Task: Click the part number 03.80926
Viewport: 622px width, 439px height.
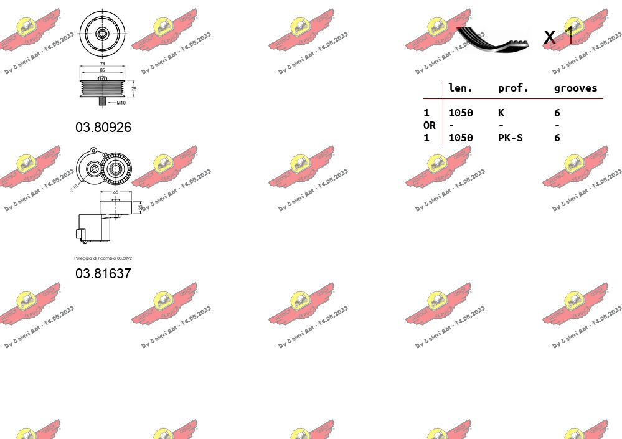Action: (103, 127)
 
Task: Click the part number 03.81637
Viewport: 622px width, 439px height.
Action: (103, 273)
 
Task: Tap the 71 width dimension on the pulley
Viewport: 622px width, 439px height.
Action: (102, 64)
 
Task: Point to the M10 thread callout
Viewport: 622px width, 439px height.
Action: (121, 102)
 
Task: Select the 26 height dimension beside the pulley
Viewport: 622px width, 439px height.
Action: (134, 88)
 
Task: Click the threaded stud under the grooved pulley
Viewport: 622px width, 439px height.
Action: (103, 101)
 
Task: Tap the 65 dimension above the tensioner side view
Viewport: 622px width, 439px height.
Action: (115, 192)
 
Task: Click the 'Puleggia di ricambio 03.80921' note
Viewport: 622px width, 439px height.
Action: (104, 258)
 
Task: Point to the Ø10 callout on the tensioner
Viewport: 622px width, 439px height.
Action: (73, 187)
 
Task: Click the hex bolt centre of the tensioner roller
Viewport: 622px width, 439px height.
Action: (114, 168)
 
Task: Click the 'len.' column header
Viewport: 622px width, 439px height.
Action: (461, 88)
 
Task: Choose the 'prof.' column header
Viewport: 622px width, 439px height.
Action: (513, 88)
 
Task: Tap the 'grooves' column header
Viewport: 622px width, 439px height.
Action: (575, 88)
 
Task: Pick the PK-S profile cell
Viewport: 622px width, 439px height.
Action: (511, 138)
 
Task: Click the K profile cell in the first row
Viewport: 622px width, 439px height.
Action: (501, 113)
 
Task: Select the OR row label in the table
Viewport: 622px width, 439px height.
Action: (430, 125)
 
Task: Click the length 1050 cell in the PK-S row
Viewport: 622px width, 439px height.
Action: (461, 138)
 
